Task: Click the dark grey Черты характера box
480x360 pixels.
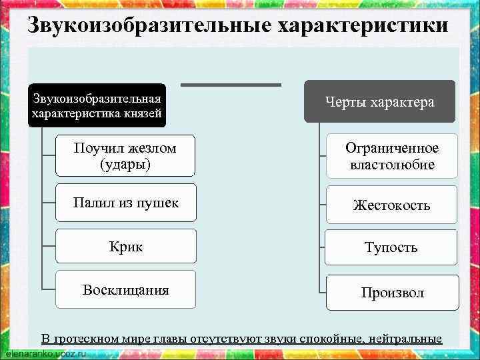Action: click(380, 101)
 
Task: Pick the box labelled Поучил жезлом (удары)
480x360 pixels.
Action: click(125, 156)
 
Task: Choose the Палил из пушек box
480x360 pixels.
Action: click(125, 203)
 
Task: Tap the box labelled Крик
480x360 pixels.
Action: click(125, 246)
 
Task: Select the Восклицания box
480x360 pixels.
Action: click(125, 289)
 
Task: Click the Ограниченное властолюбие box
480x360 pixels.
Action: click(391, 156)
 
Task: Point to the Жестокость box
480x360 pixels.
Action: click(391, 205)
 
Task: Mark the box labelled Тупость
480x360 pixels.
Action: click(391, 247)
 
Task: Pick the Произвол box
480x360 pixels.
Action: click(391, 293)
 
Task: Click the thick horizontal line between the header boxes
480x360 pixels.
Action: click(231, 85)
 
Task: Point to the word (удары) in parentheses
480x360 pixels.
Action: click(125, 164)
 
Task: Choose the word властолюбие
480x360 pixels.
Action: click(392, 164)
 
